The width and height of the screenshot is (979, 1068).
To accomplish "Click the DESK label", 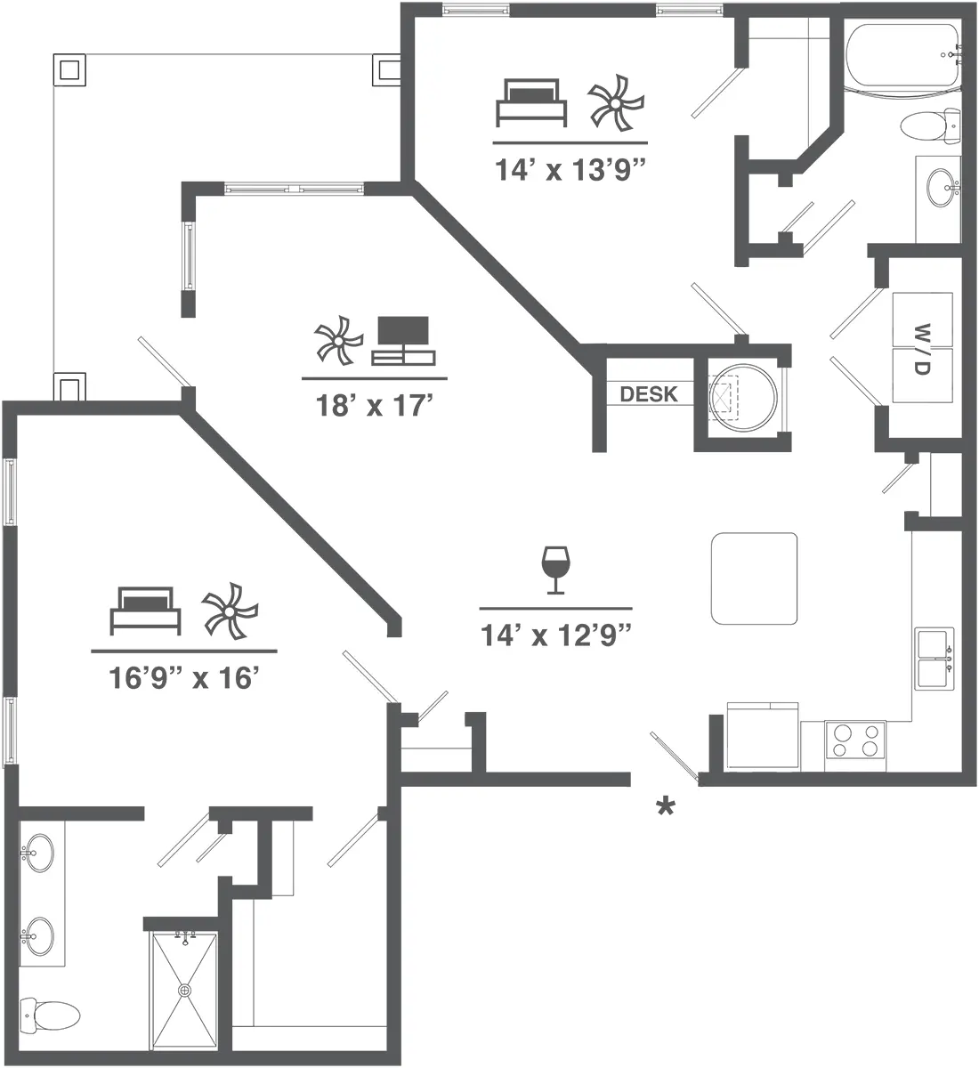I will [x=648, y=393].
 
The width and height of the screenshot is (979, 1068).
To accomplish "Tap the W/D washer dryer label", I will [x=921, y=348].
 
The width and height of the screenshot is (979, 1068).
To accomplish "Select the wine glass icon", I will [x=555, y=570].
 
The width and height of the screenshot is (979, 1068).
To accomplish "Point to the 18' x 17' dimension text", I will [x=374, y=406].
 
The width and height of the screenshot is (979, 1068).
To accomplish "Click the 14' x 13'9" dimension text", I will [x=570, y=170].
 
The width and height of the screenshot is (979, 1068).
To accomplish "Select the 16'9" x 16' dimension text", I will [x=183, y=679].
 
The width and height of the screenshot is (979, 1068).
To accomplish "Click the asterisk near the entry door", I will [x=665, y=807].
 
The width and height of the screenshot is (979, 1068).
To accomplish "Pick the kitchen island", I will [x=754, y=578].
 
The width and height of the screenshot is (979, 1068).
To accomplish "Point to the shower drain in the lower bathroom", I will [x=185, y=990].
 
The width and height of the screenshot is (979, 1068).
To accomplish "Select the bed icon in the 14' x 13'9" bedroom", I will [x=531, y=101].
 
